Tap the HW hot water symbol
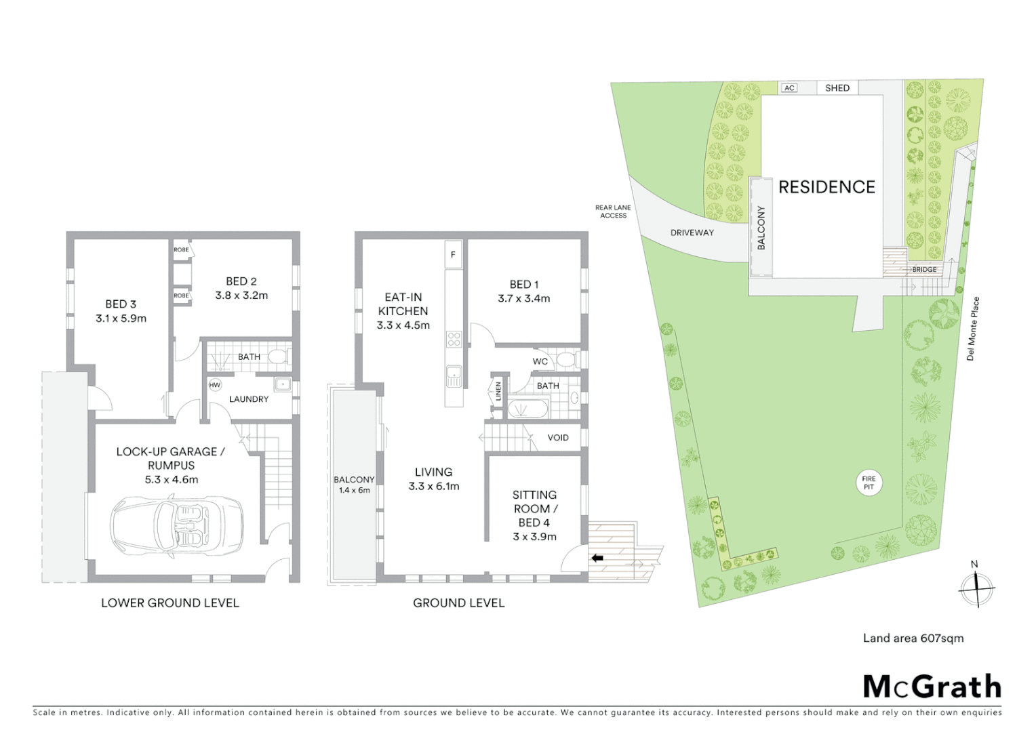coord(215,385)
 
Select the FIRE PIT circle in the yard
coord(869,483)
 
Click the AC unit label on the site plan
coord(789,88)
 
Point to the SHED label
coord(837,88)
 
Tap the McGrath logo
coord(932,687)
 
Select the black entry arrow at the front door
coord(597,558)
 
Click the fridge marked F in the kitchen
coord(453,255)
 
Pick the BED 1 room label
coord(524,285)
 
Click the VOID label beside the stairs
coord(558,438)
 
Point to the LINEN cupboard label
coord(498,391)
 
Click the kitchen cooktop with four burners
coord(454,339)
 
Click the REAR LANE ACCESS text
coord(613,211)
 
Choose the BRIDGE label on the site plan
coord(924,270)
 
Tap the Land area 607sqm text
coord(913,638)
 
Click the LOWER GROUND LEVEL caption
coord(170,603)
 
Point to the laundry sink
coord(282,384)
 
